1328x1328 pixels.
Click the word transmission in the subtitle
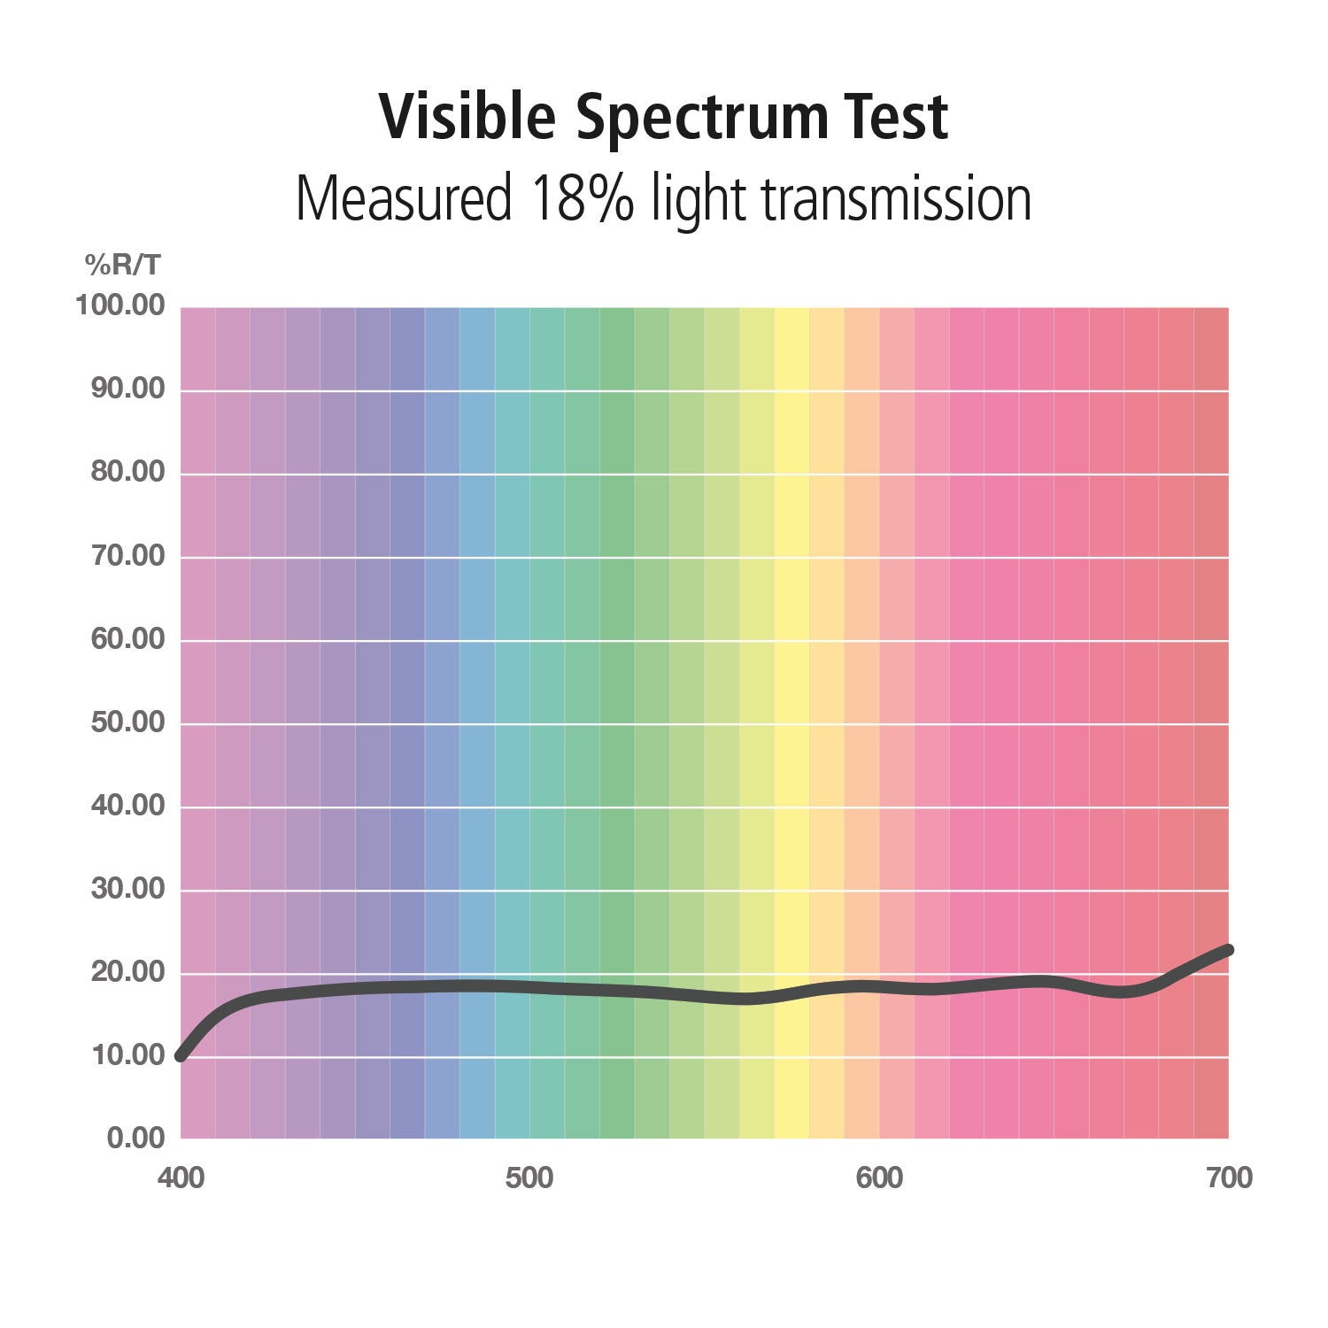tap(895, 199)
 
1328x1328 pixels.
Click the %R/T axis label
tap(123, 264)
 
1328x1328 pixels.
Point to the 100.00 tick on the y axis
tap(120, 306)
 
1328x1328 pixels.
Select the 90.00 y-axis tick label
tap(127, 390)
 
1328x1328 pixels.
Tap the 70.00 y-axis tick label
tap(127, 556)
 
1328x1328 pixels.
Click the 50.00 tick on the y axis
tap(127, 722)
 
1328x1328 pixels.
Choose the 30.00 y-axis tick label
tap(127, 889)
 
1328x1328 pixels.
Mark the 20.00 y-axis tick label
tap(127, 972)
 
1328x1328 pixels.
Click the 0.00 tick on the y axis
tap(135, 1138)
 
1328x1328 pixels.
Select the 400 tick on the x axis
tap(181, 1179)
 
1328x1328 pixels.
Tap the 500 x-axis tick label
tap(529, 1179)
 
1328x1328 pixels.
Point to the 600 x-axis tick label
tap(879, 1179)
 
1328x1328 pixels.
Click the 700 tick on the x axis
tap(1229, 1179)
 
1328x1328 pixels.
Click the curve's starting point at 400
tap(181, 1055)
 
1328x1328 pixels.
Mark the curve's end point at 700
tap(1227, 950)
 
